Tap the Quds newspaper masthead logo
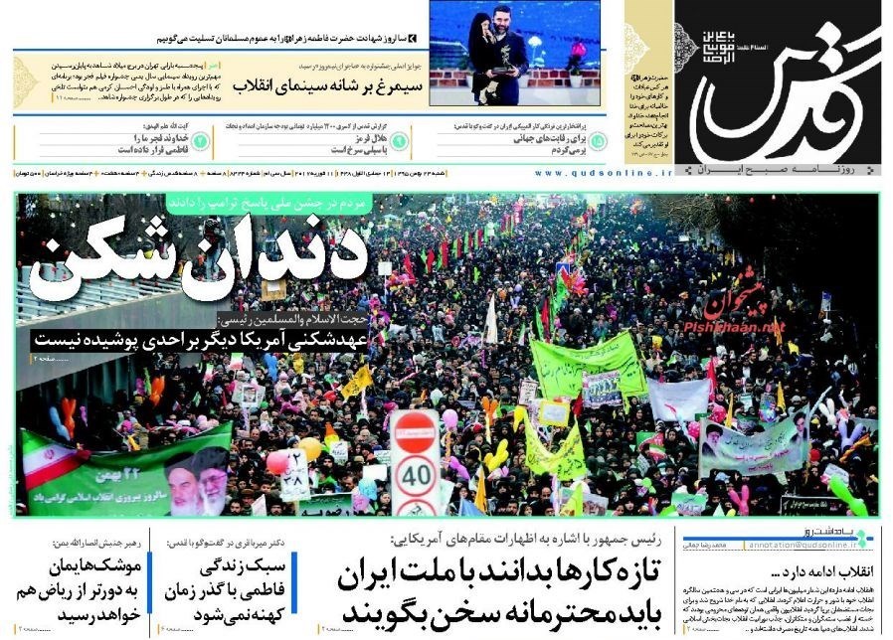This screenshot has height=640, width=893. tap(786, 89)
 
